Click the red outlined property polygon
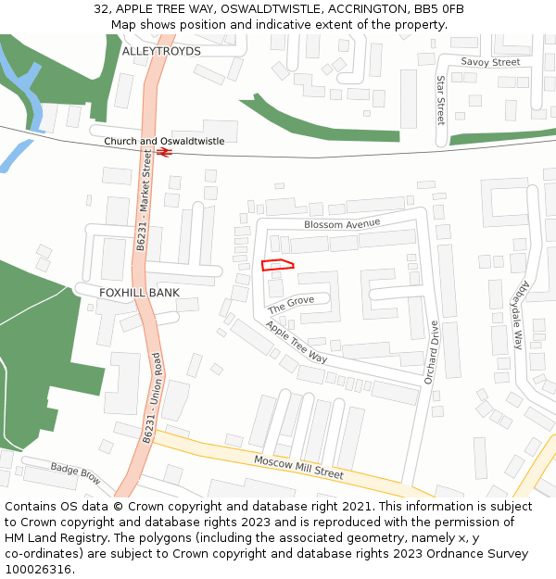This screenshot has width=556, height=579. pyautogui.click(x=277, y=266)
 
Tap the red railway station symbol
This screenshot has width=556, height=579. pyautogui.click(x=164, y=152)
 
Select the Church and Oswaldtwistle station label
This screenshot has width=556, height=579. pyautogui.click(x=164, y=141)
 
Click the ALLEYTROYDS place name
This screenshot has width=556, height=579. pyautogui.click(x=161, y=51)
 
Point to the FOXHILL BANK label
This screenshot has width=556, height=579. pyautogui.click(x=139, y=292)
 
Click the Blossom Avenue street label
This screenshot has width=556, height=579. pyautogui.click(x=342, y=224)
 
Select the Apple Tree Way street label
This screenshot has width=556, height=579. pyautogui.click(x=297, y=342)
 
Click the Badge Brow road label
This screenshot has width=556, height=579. pyautogui.click(x=75, y=473)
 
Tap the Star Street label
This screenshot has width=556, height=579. pyautogui.click(x=440, y=101)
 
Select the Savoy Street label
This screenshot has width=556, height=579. pyautogui.click(x=490, y=62)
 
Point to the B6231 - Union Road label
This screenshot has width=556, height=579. pyautogui.click(x=153, y=396)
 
